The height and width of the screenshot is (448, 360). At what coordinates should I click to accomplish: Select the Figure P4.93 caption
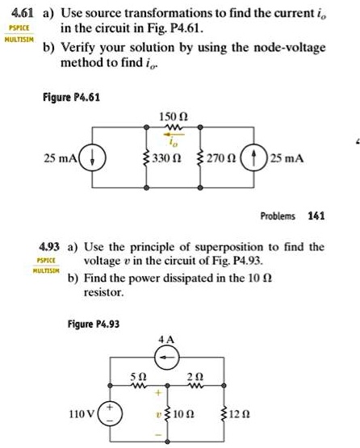click(93, 324)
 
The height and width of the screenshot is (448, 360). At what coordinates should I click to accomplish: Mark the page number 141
click(316, 216)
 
